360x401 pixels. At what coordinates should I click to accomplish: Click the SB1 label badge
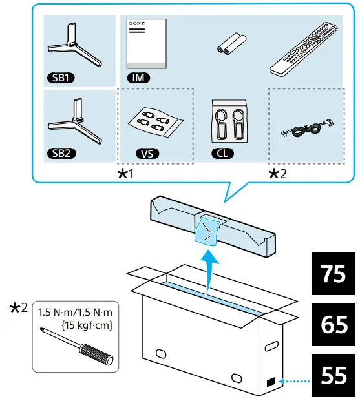click(61, 77)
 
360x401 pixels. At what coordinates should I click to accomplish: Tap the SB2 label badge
click(61, 153)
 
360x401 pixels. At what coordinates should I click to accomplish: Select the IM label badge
click(138, 77)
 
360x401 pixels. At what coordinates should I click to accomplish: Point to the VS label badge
click(147, 154)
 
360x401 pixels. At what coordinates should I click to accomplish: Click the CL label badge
click(222, 153)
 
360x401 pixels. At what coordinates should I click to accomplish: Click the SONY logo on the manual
click(137, 23)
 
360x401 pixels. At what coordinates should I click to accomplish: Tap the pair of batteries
click(232, 43)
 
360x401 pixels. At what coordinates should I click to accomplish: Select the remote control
click(303, 48)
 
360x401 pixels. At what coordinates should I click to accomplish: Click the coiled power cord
click(307, 129)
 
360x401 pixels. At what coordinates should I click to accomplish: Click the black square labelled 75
click(333, 273)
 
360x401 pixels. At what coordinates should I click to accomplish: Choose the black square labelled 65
click(333, 324)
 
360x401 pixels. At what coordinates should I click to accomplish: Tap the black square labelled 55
click(333, 375)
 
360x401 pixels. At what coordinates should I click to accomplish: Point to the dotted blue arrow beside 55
click(295, 382)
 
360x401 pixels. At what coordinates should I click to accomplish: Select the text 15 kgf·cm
click(87, 325)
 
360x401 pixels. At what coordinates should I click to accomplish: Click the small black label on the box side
click(271, 382)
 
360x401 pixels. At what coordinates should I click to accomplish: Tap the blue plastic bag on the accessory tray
click(207, 231)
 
